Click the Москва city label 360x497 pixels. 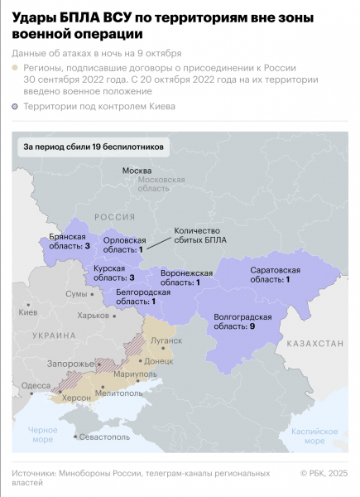[137, 171]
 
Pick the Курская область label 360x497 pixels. [114, 273]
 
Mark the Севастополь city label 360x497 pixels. [103, 436]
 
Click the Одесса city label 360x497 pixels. [36, 385]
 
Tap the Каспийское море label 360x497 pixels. [317, 436]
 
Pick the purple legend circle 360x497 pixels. [17, 106]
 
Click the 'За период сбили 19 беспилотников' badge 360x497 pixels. [95, 147]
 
